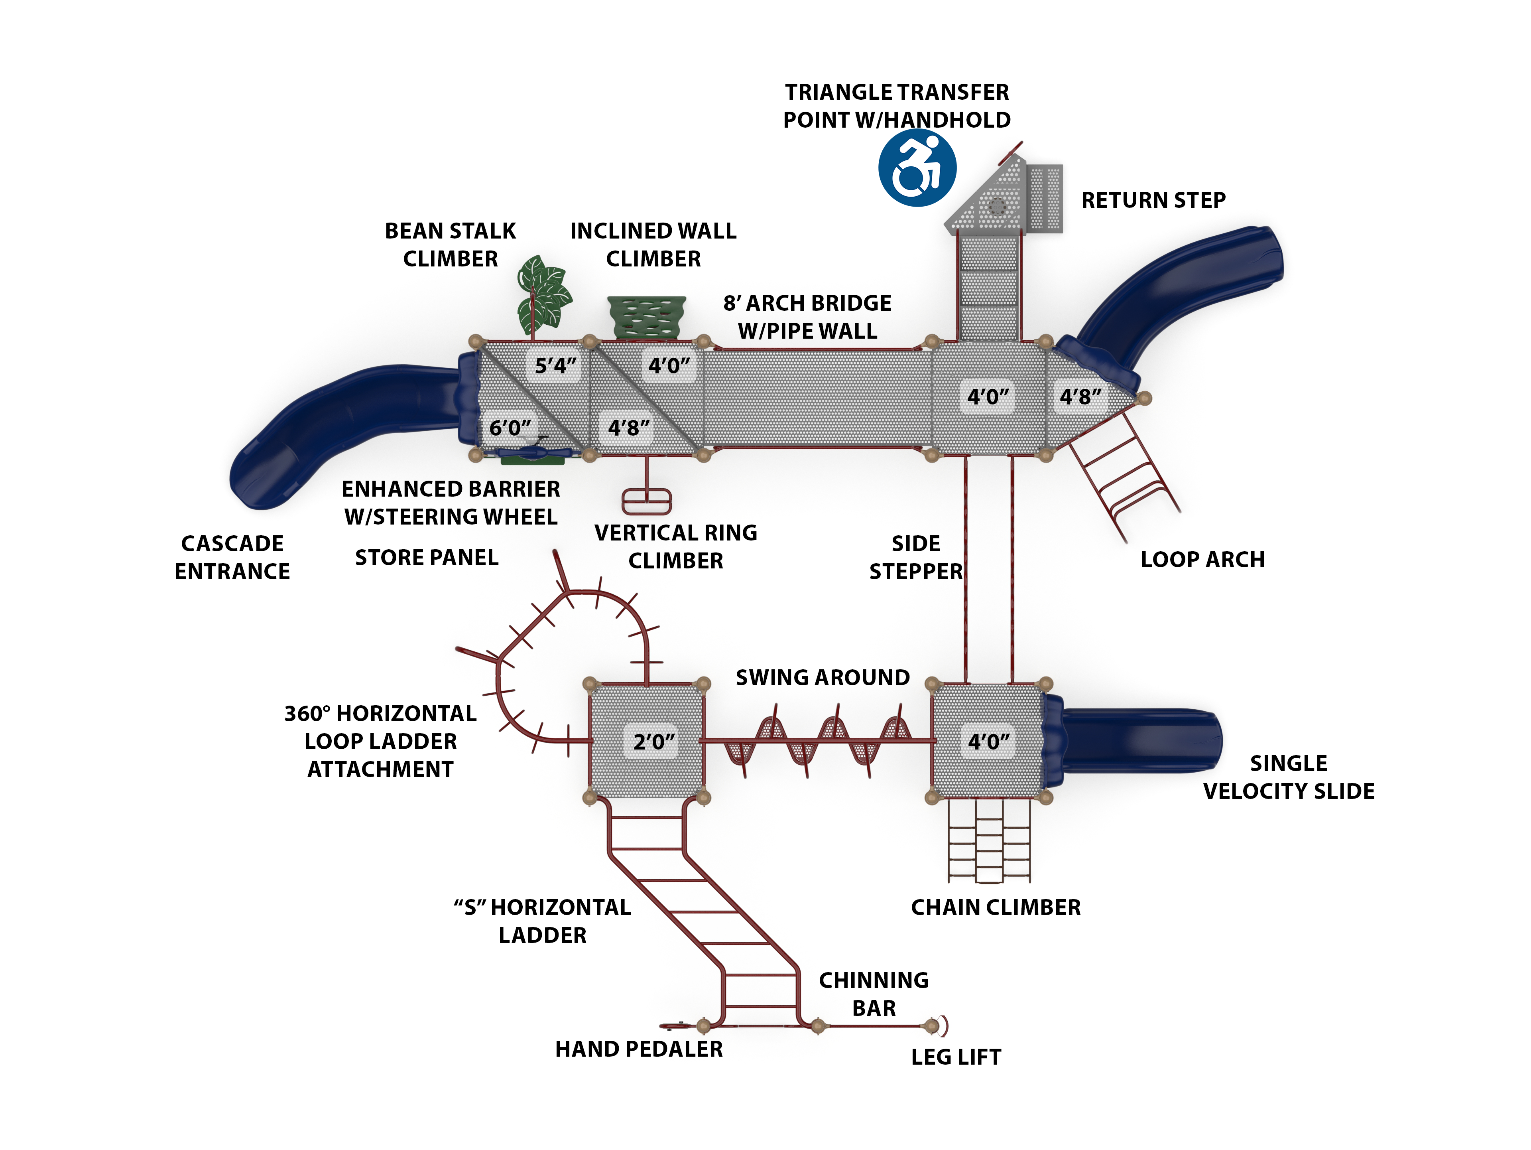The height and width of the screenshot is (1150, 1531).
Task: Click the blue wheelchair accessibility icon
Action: point(917,168)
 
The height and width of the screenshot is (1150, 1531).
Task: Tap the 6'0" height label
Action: point(510,428)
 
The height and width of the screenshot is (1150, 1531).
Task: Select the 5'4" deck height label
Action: point(555,365)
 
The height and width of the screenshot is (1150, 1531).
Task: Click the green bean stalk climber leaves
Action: point(544,294)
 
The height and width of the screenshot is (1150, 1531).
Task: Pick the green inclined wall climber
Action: point(646,317)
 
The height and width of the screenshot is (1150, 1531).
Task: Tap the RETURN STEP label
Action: point(1153,200)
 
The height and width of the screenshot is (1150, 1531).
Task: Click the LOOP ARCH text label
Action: point(1202,559)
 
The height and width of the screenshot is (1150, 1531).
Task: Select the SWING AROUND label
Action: point(822,677)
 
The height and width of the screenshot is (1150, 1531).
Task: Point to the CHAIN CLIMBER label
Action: point(995,907)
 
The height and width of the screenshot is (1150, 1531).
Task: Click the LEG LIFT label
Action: point(956,1057)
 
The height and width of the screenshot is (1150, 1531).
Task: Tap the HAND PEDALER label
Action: point(639,1049)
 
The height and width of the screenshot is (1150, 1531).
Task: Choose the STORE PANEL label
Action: point(426,557)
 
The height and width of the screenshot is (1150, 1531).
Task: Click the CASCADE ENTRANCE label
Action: point(232,557)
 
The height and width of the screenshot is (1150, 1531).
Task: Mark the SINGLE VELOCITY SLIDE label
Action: point(1288,777)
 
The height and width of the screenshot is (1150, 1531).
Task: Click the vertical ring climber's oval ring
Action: point(646,501)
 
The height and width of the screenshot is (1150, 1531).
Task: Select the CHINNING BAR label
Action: point(874,994)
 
